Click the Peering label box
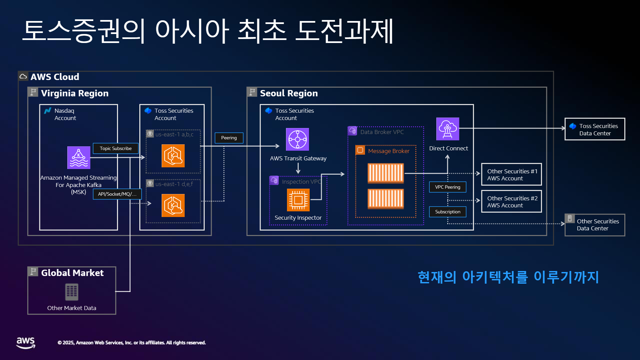click(x=229, y=138)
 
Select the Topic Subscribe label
click(x=116, y=148)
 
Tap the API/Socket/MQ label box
click(x=117, y=194)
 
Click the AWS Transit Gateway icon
click(x=297, y=139)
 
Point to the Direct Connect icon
click(x=448, y=129)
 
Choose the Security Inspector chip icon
click(x=298, y=200)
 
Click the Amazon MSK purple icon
click(x=79, y=158)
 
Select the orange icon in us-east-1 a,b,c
click(x=173, y=156)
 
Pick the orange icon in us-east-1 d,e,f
click(x=173, y=206)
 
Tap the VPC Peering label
click(x=448, y=187)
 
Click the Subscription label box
click(x=448, y=212)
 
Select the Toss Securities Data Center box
click(x=595, y=129)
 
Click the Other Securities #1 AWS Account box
click(x=512, y=174)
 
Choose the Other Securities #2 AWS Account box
click(x=512, y=201)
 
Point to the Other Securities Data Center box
click(x=595, y=225)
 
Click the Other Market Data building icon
click(x=72, y=292)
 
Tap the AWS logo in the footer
click(x=26, y=343)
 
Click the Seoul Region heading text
click(x=289, y=93)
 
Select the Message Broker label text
click(x=389, y=151)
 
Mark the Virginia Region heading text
click(x=75, y=93)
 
